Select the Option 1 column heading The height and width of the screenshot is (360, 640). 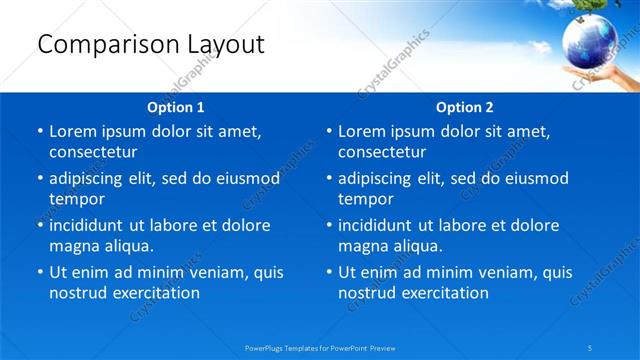coord(176,107)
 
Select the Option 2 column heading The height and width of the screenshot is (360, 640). coord(465,107)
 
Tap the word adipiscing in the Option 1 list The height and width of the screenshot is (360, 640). coord(90,178)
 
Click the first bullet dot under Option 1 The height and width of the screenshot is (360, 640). coord(39,132)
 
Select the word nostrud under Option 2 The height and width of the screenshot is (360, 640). coord(368,293)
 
